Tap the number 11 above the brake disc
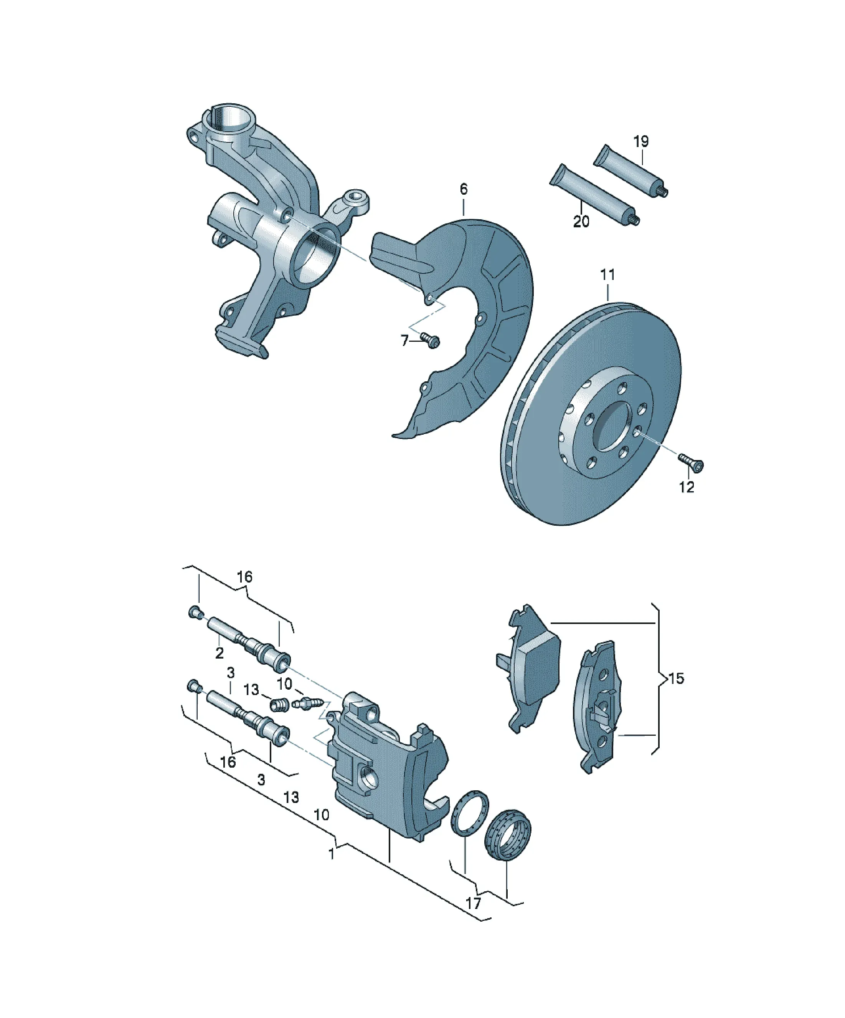(x=607, y=275)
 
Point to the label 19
(x=641, y=142)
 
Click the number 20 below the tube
(x=581, y=222)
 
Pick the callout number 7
(x=404, y=341)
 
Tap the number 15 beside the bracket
(x=677, y=678)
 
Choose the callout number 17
(x=474, y=903)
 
